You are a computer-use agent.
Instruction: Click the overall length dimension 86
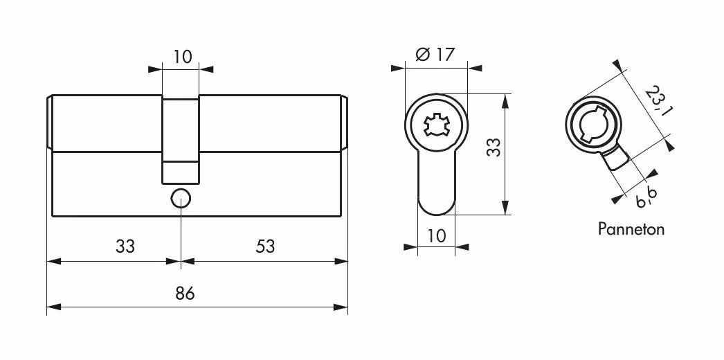click(185, 294)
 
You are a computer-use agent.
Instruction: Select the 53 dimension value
click(265, 246)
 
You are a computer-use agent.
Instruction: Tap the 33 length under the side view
click(125, 246)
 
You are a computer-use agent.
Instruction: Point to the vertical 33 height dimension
click(494, 147)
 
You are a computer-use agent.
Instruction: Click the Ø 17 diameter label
click(435, 55)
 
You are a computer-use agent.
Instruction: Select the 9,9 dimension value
click(646, 199)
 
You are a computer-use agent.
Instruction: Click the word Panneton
click(631, 229)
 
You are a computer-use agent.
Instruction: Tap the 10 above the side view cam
click(183, 57)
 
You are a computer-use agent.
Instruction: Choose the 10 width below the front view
click(436, 236)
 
